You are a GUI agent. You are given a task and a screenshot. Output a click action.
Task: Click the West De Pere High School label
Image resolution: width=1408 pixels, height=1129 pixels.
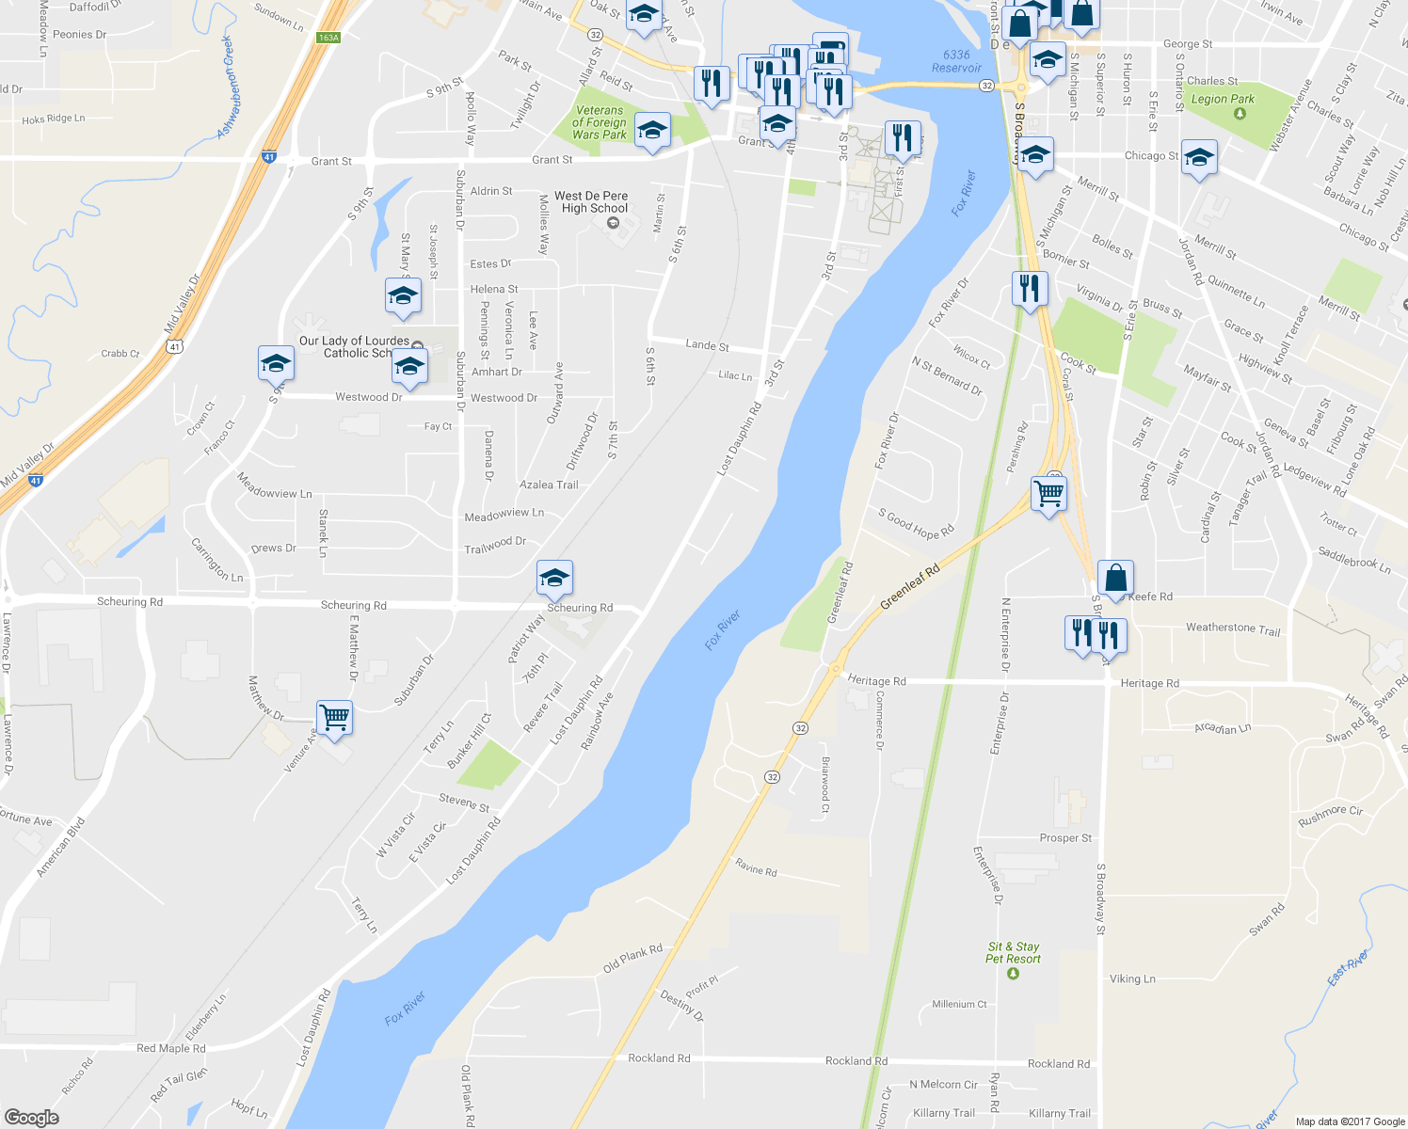[x=591, y=202]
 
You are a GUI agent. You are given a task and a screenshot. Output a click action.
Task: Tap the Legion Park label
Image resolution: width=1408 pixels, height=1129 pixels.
[x=1223, y=99]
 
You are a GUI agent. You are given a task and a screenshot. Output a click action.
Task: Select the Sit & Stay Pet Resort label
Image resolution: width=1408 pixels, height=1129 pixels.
[x=1013, y=953]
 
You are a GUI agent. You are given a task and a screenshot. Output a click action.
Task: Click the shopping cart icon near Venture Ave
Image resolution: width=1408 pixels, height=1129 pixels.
[x=335, y=718]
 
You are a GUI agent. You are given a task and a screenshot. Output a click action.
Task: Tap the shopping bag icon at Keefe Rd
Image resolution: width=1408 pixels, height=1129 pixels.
[x=1115, y=578]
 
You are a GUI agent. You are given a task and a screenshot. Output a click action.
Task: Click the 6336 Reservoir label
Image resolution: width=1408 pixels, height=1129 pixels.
[x=956, y=61]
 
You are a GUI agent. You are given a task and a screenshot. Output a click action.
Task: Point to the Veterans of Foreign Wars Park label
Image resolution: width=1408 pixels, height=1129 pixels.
[x=600, y=122]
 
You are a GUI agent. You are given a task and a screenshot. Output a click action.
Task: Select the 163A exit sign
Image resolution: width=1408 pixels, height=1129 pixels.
[x=328, y=38]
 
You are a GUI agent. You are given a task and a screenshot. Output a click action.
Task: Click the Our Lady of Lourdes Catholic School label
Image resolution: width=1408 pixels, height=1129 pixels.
[x=354, y=347]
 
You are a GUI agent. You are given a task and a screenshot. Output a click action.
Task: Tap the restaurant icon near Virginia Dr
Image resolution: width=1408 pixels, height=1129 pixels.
[x=1031, y=288]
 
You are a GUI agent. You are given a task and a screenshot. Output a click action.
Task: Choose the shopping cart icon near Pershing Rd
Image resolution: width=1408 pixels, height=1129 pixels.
[x=1048, y=492]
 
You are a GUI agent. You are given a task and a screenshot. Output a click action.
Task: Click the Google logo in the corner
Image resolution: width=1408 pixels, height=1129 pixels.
[x=31, y=1117]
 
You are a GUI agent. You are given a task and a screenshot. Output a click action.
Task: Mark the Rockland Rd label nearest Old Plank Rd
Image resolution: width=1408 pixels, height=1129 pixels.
[x=659, y=1058]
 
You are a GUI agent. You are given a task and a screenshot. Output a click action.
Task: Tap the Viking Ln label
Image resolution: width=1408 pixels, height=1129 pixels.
[x=1132, y=979]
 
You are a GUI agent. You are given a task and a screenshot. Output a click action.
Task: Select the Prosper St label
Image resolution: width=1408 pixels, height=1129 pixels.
[x=1065, y=838]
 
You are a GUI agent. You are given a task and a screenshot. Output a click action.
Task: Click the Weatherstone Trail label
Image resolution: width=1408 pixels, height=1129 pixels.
[x=1233, y=628]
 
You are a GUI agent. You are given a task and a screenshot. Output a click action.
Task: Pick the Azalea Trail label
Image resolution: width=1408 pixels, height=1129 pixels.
[x=549, y=485]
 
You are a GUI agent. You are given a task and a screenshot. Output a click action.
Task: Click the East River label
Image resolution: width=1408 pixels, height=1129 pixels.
[x=1348, y=968]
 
